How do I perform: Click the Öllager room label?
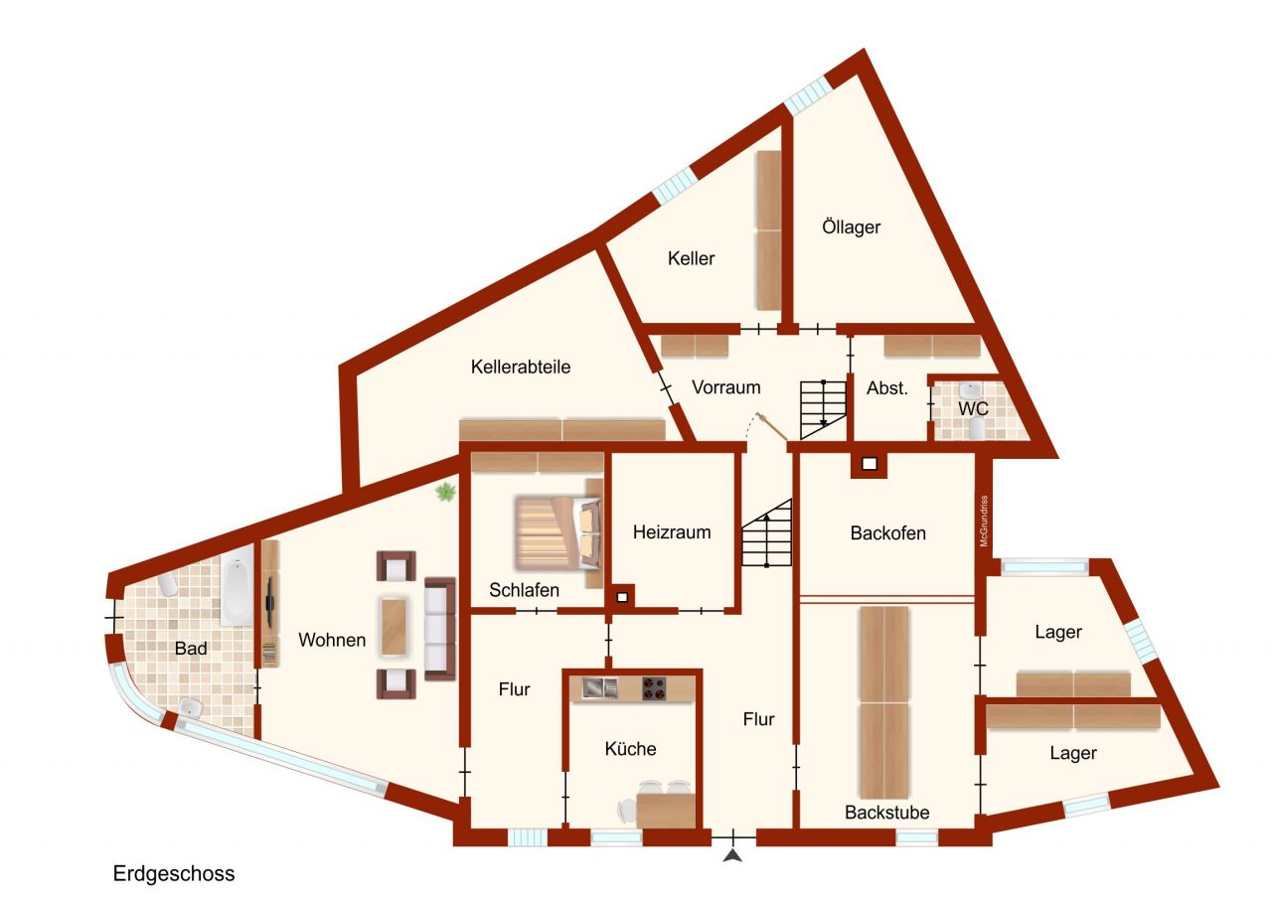click(x=852, y=226)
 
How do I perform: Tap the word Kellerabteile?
click(x=521, y=367)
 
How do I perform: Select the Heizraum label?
click(x=672, y=531)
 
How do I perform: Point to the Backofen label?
click(x=887, y=532)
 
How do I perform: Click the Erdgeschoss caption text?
click(x=174, y=874)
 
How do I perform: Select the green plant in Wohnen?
click(x=446, y=491)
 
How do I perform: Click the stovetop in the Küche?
click(x=653, y=686)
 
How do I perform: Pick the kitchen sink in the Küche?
click(x=599, y=686)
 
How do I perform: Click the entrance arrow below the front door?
click(x=733, y=855)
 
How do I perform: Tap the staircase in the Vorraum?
click(x=823, y=405)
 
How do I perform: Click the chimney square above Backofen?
click(x=869, y=463)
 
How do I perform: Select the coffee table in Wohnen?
click(x=395, y=625)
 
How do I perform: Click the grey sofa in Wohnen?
click(x=439, y=627)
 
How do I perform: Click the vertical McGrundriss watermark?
click(x=984, y=522)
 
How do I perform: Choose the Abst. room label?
click(x=887, y=388)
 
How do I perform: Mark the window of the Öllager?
click(x=808, y=94)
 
